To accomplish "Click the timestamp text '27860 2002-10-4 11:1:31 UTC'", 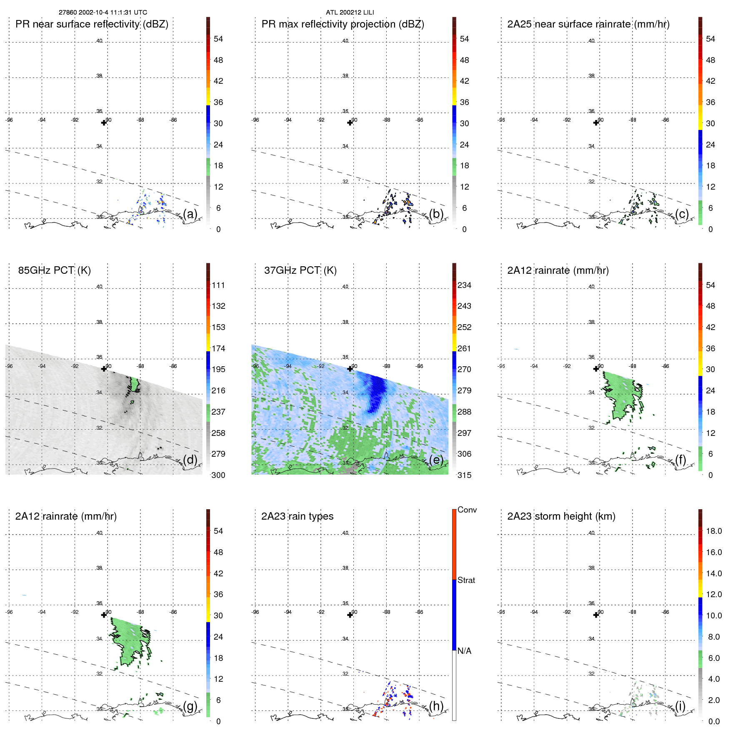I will point(103,13).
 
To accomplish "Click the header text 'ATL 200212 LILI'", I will point(350,13).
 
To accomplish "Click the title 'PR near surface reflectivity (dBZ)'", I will point(92,24).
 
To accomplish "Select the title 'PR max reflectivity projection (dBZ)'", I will point(343,24).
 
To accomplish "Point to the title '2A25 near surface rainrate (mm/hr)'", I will point(588,24).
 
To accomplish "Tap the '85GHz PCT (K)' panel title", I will point(54,270).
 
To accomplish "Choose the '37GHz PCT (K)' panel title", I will point(300,270).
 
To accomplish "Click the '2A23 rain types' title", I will point(297,516).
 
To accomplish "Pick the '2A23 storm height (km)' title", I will point(561,516).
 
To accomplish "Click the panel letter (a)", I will point(190,214).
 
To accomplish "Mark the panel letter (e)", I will point(436,460).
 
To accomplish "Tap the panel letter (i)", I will point(680,706).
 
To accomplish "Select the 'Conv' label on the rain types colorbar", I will point(467,510).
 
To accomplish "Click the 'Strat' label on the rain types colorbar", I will point(466,580).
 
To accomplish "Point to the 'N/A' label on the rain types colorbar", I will point(464,651).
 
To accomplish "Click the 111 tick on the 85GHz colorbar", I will point(218,285).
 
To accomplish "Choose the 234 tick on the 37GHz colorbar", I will point(464,285).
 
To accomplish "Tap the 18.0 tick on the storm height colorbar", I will point(713,531).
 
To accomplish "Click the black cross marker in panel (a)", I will point(104,123).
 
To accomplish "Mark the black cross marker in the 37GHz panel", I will point(350,369).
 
